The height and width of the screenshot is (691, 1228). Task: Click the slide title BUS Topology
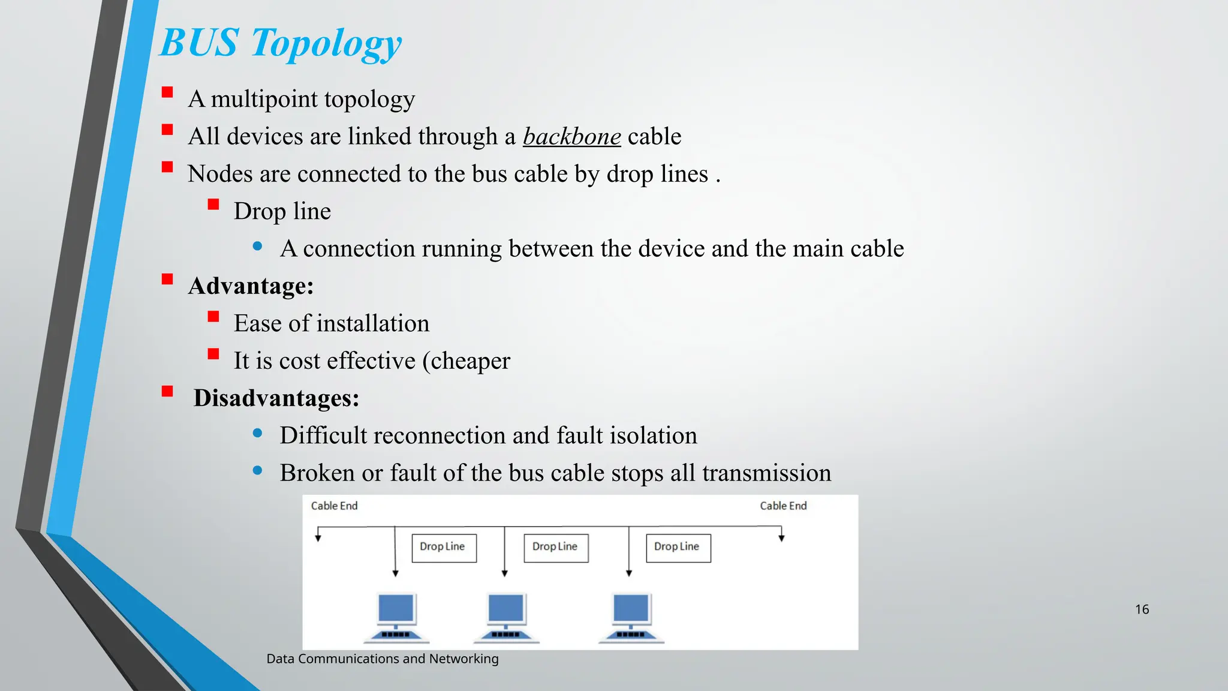click(x=281, y=43)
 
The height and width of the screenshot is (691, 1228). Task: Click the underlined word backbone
click(x=571, y=137)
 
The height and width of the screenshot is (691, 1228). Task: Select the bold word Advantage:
click(x=251, y=286)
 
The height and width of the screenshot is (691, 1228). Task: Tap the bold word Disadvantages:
click(x=276, y=398)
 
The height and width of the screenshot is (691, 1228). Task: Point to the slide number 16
click(x=1142, y=609)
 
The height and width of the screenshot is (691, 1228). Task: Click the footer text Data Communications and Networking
click(x=383, y=659)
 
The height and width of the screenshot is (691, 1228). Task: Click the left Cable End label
click(x=334, y=506)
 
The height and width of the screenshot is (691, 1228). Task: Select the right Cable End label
click(x=783, y=506)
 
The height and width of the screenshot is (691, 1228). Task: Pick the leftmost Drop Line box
click(x=444, y=548)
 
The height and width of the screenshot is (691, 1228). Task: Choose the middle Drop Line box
click(x=556, y=548)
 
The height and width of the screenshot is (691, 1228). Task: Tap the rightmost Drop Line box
click(x=678, y=548)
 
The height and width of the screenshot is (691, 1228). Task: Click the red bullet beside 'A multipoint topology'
click(x=167, y=92)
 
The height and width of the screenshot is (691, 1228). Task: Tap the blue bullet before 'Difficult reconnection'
click(x=258, y=433)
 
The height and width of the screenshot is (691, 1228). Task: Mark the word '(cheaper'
click(x=466, y=361)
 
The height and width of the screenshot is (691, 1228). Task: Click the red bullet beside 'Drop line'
click(x=213, y=205)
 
